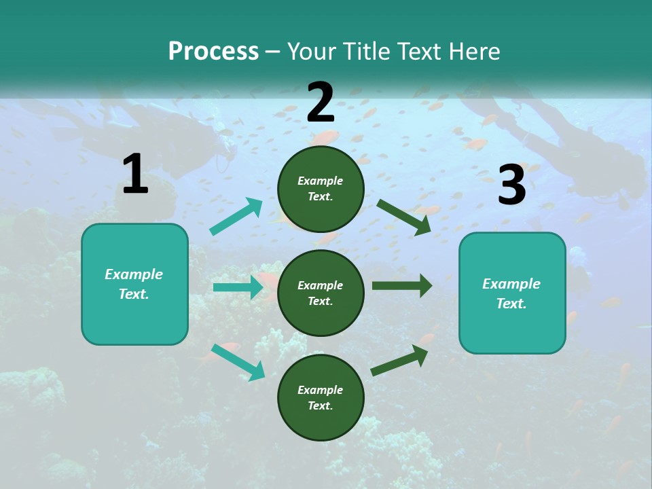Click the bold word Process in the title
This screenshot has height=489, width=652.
coord(213,52)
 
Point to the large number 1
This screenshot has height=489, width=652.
coord(135,175)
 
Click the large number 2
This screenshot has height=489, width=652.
coord(321,103)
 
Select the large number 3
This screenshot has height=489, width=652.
coord(512,185)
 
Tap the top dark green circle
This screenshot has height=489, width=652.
coord(321,188)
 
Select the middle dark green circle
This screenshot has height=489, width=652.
coord(321,293)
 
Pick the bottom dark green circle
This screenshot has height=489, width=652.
coord(321,397)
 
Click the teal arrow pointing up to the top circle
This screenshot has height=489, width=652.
coord(236,217)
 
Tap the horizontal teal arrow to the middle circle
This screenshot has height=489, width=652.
coord(238,287)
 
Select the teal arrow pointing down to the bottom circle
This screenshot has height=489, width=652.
coord(238,361)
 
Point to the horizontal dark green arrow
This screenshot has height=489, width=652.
coord(401,285)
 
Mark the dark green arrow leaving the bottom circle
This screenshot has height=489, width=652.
coord(399,360)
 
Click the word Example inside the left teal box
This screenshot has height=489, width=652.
coord(134,274)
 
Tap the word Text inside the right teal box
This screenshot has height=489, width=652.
coord(511,304)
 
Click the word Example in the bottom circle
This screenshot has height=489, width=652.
coord(321,390)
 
